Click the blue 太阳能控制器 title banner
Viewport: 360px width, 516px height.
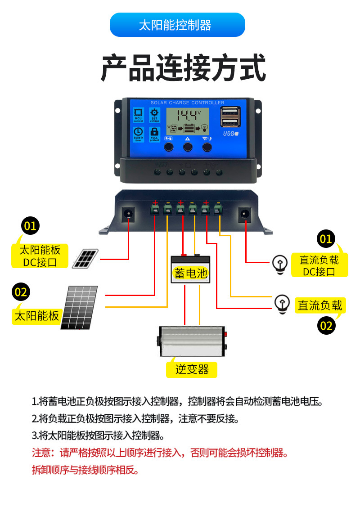click(177, 25)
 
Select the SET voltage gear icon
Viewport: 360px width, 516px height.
click(154, 115)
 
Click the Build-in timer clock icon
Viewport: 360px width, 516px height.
click(139, 134)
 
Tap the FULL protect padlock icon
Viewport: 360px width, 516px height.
click(154, 134)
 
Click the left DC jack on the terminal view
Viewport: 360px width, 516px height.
click(129, 213)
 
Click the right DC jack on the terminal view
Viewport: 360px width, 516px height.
click(245, 213)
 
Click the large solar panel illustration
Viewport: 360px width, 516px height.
click(80, 308)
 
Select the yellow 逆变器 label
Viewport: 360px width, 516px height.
click(192, 370)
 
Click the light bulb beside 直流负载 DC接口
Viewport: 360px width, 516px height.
click(281, 265)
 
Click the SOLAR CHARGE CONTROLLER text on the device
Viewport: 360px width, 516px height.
click(188, 103)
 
